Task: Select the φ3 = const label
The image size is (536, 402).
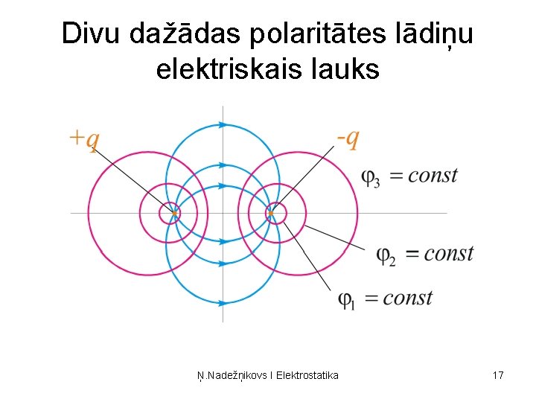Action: [x=409, y=176]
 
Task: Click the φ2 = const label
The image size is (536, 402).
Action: [x=425, y=254]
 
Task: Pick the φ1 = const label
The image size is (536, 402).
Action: [x=385, y=299]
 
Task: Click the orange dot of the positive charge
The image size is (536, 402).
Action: [x=173, y=214]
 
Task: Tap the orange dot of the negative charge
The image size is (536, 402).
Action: [x=271, y=214]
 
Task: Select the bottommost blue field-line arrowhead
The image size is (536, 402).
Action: [x=223, y=303]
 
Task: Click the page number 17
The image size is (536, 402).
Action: [x=498, y=375]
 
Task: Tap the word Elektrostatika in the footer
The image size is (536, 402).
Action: [x=307, y=375]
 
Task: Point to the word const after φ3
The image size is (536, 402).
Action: [x=433, y=176]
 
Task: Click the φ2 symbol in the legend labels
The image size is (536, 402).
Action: [x=386, y=255]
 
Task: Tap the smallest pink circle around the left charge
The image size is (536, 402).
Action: [x=160, y=214]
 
